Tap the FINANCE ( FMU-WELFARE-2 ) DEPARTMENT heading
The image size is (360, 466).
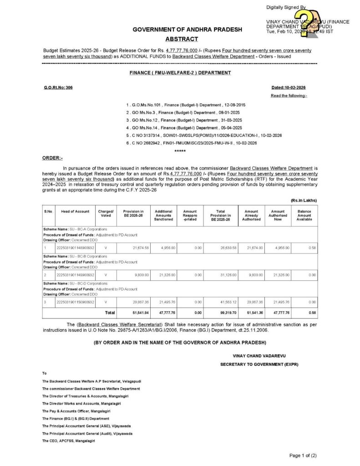(x=180, y=72)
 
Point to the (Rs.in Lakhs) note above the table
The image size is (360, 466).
(x=304, y=200)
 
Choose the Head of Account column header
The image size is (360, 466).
(x=75, y=211)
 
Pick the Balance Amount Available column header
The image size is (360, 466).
(x=304, y=215)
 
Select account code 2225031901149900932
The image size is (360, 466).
(x=75, y=275)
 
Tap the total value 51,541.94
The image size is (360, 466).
(x=135, y=313)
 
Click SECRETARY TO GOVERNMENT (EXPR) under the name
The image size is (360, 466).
(x=259, y=365)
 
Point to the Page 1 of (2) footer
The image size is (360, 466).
(x=303, y=455)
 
